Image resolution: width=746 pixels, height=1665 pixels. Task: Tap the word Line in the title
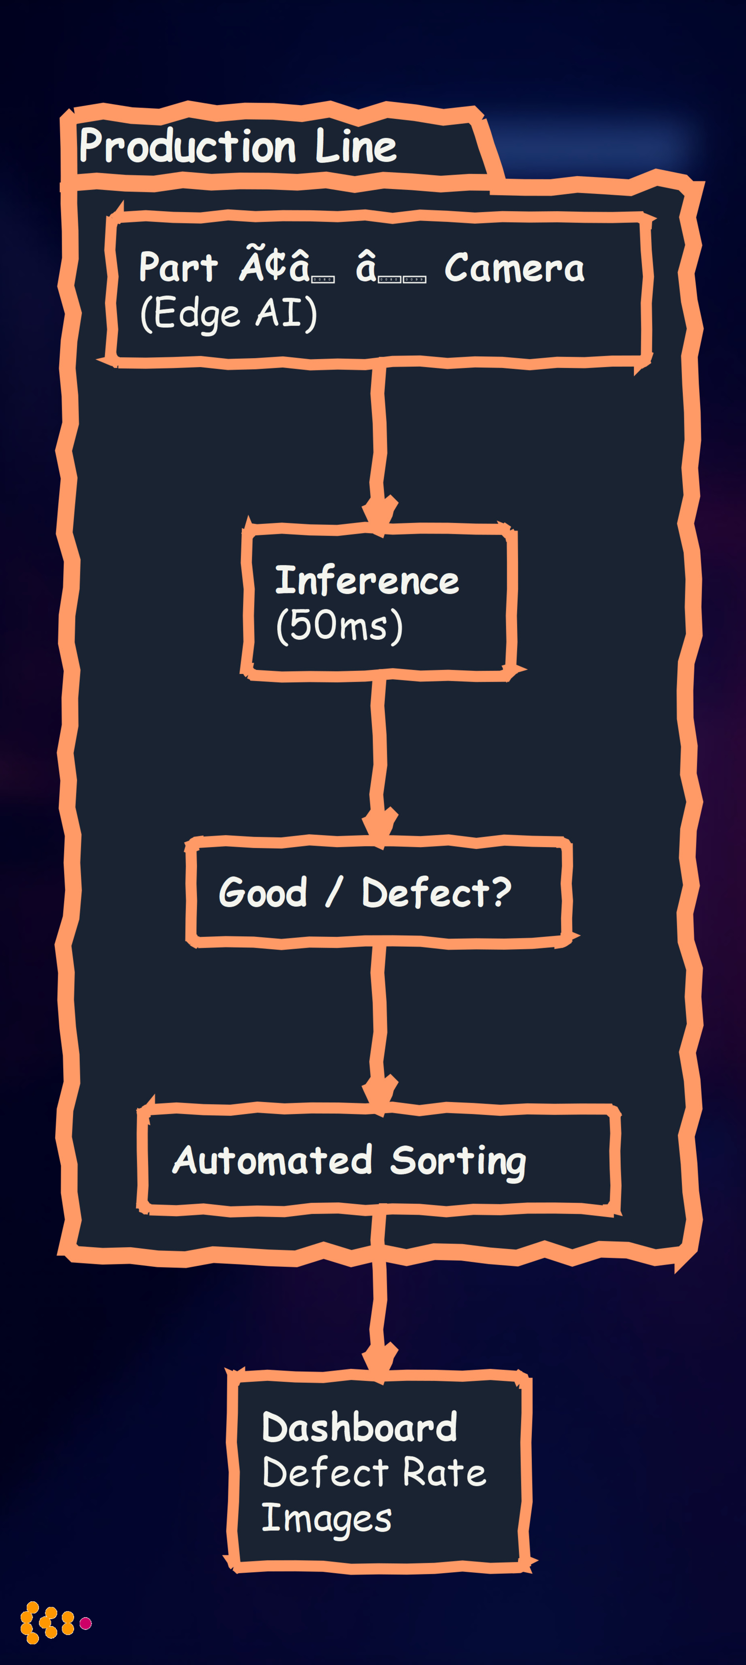356,147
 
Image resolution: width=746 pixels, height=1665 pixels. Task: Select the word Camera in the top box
515,268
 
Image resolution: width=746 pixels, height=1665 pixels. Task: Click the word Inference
367,581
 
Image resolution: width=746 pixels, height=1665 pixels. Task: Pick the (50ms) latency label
339,626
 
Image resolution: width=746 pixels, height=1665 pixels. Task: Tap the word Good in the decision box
263,892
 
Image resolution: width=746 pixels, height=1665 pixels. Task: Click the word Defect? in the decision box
436,892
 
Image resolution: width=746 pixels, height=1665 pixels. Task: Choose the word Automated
272,1160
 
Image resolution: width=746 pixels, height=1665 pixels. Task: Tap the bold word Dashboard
359,1427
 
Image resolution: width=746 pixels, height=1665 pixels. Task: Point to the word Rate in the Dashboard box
444,1473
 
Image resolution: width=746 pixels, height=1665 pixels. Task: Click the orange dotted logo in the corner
48,1623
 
